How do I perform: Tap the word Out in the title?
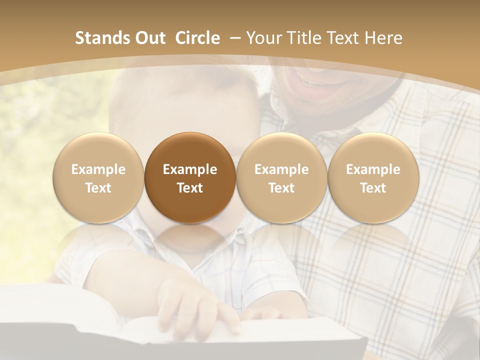tap(149, 38)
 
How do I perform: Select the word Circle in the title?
tap(197, 38)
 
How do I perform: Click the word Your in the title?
tap(262, 38)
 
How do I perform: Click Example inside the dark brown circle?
tap(190, 169)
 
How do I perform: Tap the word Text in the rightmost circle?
tap(373, 188)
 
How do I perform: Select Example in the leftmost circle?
tap(98, 169)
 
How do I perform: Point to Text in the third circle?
tap(281, 188)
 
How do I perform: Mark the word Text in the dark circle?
tap(190, 188)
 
